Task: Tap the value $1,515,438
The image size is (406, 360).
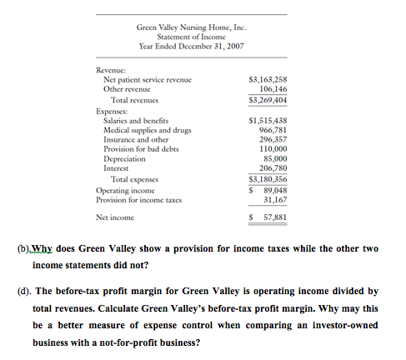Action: point(268,120)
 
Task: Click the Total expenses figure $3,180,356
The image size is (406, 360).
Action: point(268,178)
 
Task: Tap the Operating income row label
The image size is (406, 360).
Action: point(126,189)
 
